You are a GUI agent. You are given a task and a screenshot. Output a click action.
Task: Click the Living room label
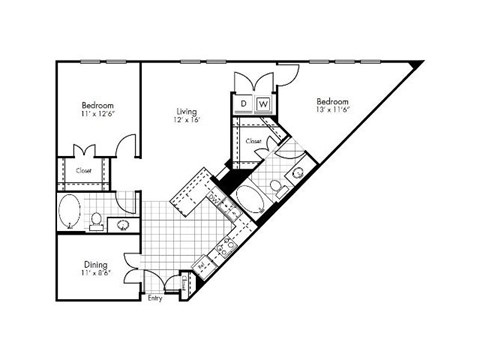[x=186, y=112]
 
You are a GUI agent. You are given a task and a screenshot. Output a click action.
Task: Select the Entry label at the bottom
[x=155, y=298]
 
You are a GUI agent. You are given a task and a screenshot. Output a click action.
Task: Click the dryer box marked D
[x=243, y=103]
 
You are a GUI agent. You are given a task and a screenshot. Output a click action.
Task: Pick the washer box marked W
[x=263, y=103]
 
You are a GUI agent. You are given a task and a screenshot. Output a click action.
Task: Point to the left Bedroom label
[x=97, y=105]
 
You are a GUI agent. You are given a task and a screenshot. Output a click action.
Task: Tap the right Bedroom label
[x=333, y=102]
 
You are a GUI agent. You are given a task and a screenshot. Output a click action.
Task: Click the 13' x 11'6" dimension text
[x=333, y=112]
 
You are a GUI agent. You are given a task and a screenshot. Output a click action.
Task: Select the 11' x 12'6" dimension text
[x=97, y=115]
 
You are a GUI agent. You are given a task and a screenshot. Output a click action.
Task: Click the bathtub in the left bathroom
[x=71, y=213]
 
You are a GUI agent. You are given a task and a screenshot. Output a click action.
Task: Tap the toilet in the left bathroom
[x=96, y=220]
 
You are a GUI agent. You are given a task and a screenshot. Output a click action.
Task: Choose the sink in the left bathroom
[x=125, y=222]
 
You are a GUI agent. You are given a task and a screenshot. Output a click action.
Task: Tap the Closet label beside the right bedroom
[x=254, y=142]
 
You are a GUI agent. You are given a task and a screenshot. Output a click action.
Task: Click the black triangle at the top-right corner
[x=416, y=65]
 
